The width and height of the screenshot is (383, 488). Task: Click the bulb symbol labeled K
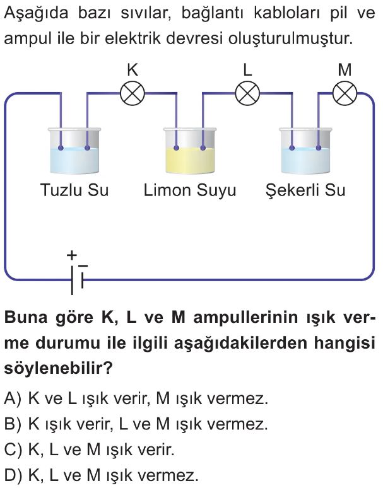(133, 94)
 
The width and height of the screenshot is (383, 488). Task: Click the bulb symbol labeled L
(247, 94)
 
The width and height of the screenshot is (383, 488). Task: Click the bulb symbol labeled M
(345, 94)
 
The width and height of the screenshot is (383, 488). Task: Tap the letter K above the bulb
(133, 70)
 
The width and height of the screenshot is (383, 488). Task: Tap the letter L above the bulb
(247, 70)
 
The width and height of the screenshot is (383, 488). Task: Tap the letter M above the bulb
(345, 70)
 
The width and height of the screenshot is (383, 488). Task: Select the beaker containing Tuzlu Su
(74, 151)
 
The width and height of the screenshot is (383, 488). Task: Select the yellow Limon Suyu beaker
(190, 151)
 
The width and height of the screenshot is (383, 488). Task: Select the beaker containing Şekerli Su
(305, 151)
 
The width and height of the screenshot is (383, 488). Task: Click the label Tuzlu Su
(74, 190)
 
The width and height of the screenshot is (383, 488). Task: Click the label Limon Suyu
(190, 190)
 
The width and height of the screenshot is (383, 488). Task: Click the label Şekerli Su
(305, 190)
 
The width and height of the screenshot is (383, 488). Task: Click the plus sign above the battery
(72, 255)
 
